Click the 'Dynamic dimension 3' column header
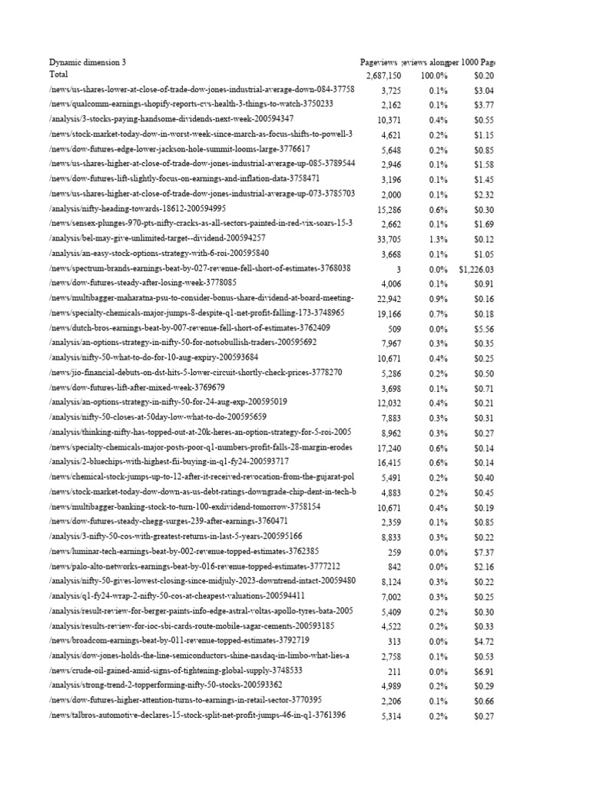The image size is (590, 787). coord(88,61)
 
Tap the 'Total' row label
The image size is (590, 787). coord(58,75)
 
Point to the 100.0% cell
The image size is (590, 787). coord(434,76)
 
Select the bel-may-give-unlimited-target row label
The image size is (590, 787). coord(157,238)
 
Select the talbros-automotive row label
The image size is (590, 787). coord(197,715)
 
